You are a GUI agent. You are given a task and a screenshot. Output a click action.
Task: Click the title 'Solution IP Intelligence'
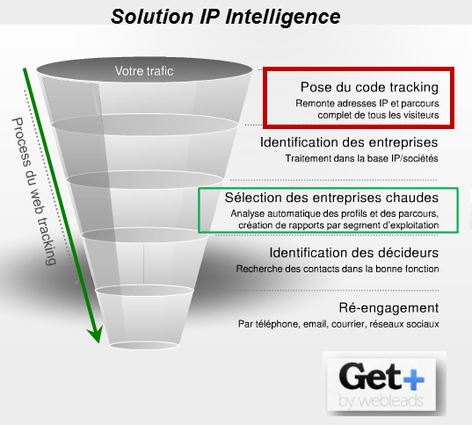tap(226, 17)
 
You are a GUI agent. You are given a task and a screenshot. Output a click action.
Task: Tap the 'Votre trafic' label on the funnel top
tap(144, 71)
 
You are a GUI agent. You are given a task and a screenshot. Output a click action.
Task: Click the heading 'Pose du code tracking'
tap(369, 87)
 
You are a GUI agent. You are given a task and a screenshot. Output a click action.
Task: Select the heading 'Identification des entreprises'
tap(349, 142)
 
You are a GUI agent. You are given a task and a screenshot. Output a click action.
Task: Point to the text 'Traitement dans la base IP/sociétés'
tap(361, 158)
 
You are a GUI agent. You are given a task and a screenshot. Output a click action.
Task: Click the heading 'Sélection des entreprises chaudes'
tap(331, 198)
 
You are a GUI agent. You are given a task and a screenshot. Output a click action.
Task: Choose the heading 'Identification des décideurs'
tap(353, 253)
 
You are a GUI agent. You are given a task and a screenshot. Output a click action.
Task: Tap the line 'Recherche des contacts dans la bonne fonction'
tap(338, 269)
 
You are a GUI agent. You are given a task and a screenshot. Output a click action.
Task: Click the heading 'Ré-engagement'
tap(388, 308)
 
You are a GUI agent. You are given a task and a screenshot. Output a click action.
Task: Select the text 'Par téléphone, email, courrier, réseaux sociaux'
tap(338, 324)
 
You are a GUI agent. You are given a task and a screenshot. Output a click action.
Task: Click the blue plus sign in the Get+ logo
tap(414, 378)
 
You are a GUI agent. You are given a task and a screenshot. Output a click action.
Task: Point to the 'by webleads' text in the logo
tap(381, 401)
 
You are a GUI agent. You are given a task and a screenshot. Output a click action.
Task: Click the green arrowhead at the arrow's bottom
tap(96, 334)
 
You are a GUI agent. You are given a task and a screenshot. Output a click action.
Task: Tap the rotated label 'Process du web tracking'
tap(34, 191)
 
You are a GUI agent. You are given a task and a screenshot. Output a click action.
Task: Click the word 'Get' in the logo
tap(370, 376)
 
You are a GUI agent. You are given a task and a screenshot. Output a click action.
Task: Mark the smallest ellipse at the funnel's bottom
tap(144, 345)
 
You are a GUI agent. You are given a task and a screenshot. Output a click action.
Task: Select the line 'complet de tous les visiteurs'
tap(378, 115)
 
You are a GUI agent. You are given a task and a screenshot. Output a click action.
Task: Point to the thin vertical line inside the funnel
tap(143, 263)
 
